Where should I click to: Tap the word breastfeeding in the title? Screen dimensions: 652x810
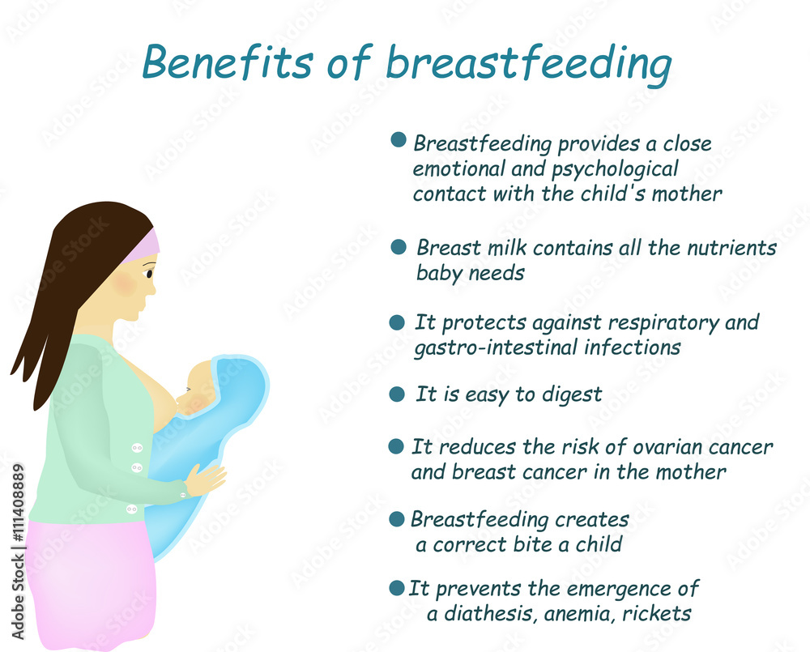pos(528,65)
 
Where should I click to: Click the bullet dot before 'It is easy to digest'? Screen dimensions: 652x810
pos(396,394)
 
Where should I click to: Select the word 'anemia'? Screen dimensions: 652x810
pos(579,614)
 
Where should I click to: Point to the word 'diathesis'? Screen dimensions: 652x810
pos(486,614)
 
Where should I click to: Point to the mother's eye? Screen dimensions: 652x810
pos(149,273)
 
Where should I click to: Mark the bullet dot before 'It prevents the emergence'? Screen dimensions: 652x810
pos(396,588)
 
